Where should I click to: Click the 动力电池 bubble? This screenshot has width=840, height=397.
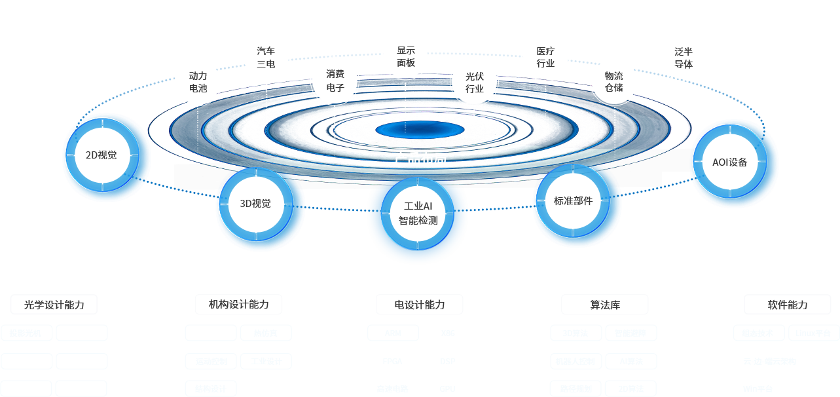click(x=198, y=82)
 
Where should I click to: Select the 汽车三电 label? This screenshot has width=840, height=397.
click(x=266, y=58)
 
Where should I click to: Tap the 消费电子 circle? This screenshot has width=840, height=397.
click(x=335, y=81)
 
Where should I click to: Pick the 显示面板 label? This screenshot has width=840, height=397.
click(x=406, y=56)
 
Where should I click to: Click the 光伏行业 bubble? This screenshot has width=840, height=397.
click(x=475, y=82)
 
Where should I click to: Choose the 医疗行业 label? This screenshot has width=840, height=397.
click(x=545, y=57)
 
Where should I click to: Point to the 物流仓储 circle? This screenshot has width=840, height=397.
click(x=614, y=82)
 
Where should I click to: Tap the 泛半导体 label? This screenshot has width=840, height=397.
click(x=684, y=58)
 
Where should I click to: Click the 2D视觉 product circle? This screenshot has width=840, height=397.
click(x=101, y=155)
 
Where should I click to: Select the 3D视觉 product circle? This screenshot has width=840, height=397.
click(x=255, y=204)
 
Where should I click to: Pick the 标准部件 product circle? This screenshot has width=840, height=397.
click(x=573, y=201)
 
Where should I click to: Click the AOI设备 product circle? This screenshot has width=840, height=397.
click(x=730, y=162)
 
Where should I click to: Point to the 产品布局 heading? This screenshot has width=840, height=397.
click(x=420, y=159)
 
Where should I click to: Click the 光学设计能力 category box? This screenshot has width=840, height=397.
click(x=54, y=305)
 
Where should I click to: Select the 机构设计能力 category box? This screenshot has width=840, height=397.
click(x=239, y=304)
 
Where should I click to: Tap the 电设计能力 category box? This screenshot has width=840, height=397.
click(x=420, y=305)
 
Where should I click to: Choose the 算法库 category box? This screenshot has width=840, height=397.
click(x=605, y=305)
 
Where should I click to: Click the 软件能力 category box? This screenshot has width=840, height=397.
click(x=788, y=305)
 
